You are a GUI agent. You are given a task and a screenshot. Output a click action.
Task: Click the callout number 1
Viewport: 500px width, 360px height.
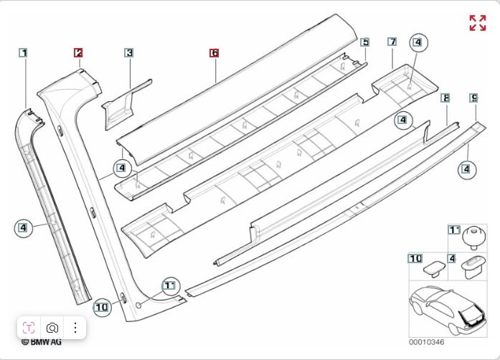(24, 52)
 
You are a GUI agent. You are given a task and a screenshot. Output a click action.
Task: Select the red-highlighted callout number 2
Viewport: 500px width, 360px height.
(78, 52)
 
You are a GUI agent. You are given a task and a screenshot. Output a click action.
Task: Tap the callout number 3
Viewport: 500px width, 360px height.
(128, 52)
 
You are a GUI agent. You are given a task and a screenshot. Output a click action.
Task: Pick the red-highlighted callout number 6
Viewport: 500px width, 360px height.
(214, 53)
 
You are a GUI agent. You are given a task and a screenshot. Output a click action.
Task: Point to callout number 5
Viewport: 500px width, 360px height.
(365, 42)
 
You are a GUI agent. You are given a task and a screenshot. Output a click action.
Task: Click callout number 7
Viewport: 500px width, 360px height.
(392, 42)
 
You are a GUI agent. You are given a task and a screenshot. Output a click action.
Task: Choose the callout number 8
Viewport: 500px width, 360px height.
(445, 97)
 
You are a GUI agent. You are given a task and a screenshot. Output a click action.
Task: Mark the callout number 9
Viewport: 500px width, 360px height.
(473, 97)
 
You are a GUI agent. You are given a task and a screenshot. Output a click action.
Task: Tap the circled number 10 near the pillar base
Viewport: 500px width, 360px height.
(101, 307)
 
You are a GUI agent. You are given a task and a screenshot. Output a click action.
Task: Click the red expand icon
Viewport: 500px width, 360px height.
(477, 23)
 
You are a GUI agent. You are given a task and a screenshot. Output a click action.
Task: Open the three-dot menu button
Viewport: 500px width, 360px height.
(75, 328)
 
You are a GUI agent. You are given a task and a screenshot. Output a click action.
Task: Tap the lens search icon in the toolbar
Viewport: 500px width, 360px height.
(52, 328)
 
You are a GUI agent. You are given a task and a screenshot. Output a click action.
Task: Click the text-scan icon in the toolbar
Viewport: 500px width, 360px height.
(29, 328)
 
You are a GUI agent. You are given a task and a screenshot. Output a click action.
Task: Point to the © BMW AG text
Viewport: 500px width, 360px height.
(41, 343)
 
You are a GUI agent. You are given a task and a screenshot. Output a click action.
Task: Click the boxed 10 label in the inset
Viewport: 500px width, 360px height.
(415, 257)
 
